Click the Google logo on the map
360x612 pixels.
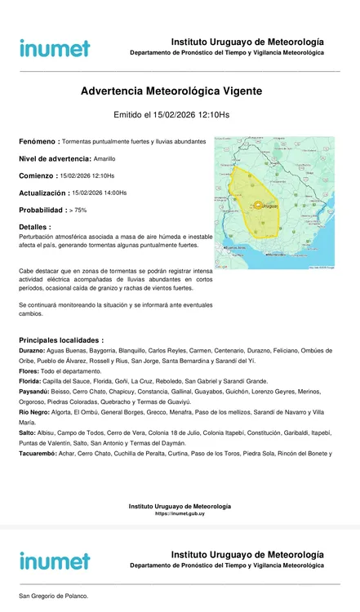pyautogui.click(x=222, y=265)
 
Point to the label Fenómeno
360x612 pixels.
pyautogui.click(x=38, y=141)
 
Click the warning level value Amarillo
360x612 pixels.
pyautogui.click(x=104, y=158)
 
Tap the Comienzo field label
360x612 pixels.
pyautogui.click(x=37, y=175)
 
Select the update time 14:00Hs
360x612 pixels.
pyautogui.click(x=112, y=193)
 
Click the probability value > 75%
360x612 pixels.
pyautogui.click(x=78, y=210)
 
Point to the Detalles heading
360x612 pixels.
pyautogui.click(x=34, y=227)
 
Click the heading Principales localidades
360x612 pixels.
pyautogui.click(x=61, y=339)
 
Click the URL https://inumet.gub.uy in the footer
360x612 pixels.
pyautogui.click(x=180, y=513)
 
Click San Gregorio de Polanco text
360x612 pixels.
pyautogui.click(x=54, y=596)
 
